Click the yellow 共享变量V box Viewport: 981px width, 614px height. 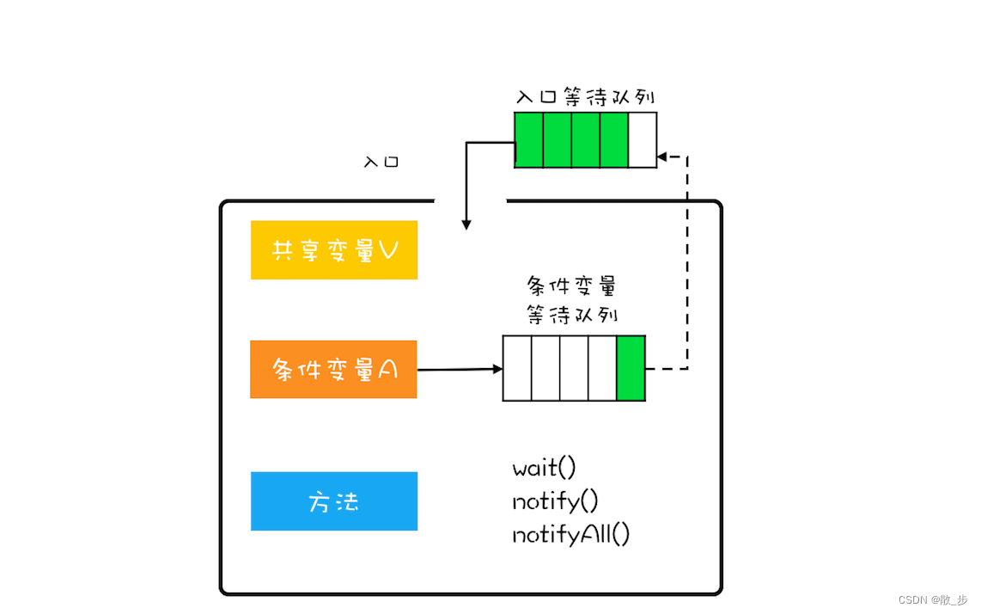[x=333, y=250]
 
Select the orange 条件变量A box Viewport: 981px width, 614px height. [x=333, y=370]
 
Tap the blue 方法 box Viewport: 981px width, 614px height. [x=333, y=501]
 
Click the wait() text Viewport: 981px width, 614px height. [x=544, y=469]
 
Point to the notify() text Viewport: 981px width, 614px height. [x=555, y=501]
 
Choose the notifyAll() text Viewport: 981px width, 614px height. [x=571, y=534]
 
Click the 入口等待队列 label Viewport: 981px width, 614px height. [x=585, y=96]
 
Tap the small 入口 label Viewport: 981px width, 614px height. [x=381, y=162]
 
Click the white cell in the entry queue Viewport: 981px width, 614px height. [x=643, y=139]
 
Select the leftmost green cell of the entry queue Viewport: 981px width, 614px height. [x=529, y=139]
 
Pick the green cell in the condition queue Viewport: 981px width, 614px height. [x=631, y=369]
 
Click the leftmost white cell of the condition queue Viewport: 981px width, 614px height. [x=517, y=369]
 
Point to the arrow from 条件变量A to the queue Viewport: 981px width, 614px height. [x=460, y=370]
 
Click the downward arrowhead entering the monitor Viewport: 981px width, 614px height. [x=466, y=224]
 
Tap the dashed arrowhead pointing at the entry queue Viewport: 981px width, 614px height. [x=661, y=157]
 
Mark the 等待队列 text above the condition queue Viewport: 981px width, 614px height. [x=571, y=315]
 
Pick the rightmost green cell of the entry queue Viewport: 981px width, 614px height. [x=614, y=139]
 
